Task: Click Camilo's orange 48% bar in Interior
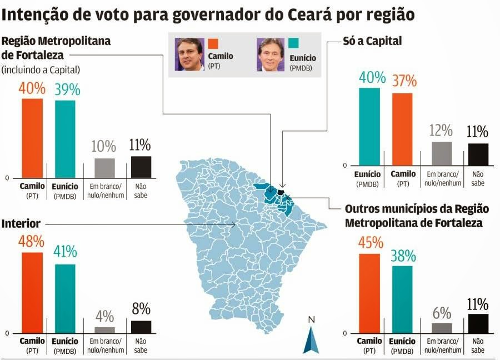[x=32, y=292]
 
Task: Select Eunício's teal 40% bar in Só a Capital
[x=369, y=127]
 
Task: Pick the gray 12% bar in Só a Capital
[x=442, y=153]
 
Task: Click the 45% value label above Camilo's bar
[x=371, y=243]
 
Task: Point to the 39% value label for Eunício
[x=67, y=90]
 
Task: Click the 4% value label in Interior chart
[x=105, y=317]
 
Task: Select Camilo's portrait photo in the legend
[x=189, y=54]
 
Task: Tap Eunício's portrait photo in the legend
[x=271, y=54]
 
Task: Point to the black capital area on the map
[x=281, y=192]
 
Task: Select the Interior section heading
[x=21, y=223]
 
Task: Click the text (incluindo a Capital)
[x=41, y=70]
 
